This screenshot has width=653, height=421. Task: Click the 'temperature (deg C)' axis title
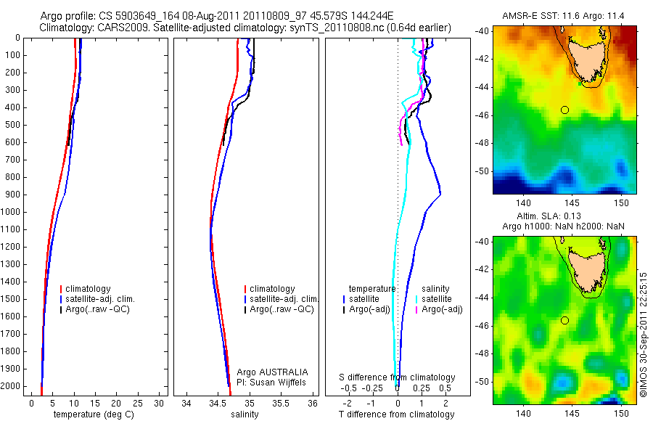click(91, 414)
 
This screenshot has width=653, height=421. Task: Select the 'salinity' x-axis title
click(243, 414)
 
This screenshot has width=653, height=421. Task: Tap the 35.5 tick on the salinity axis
click(282, 403)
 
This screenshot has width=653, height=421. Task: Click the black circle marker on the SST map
click(564, 110)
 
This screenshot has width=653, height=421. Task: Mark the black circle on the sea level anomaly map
click(564, 320)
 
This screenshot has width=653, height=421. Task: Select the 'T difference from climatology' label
click(396, 414)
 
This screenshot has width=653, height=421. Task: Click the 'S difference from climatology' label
click(398, 377)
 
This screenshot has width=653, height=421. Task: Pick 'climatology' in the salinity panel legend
click(271, 289)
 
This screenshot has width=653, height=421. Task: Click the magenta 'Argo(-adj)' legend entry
click(443, 309)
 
